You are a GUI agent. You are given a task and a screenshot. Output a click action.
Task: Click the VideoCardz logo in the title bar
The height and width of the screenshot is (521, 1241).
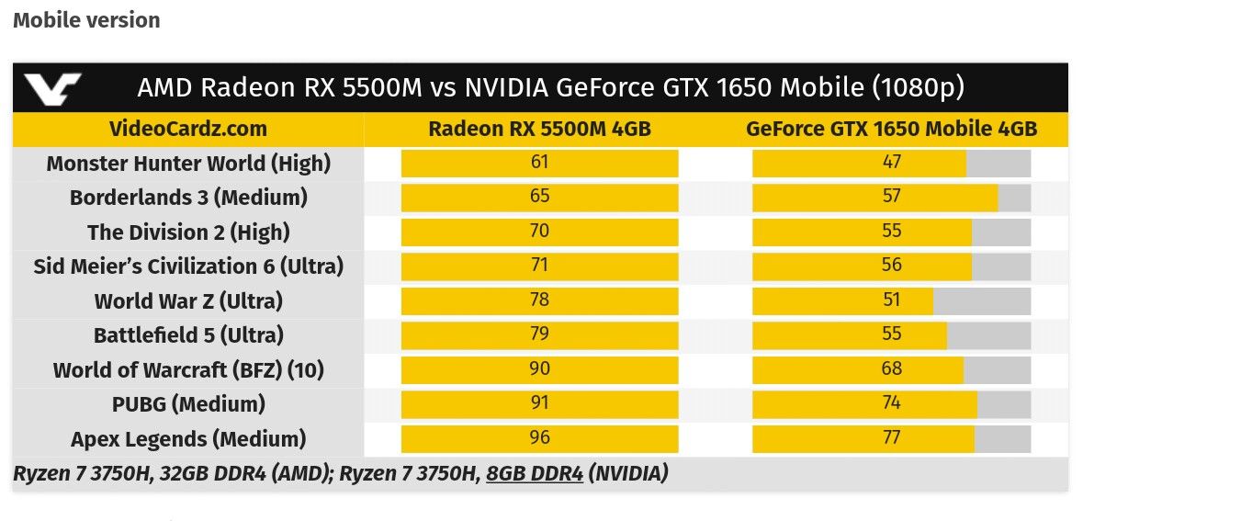tap(52, 88)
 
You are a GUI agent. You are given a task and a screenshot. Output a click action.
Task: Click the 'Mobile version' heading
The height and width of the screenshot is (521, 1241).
tap(86, 20)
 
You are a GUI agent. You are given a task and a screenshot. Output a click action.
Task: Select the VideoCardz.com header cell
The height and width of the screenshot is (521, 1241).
tap(188, 129)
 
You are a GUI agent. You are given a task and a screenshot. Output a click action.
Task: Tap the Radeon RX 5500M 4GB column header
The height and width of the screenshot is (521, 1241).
tap(539, 129)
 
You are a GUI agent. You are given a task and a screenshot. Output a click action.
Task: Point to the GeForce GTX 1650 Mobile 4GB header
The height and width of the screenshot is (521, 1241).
tap(891, 129)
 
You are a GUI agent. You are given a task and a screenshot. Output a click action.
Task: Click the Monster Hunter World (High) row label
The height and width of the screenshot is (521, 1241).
tap(188, 164)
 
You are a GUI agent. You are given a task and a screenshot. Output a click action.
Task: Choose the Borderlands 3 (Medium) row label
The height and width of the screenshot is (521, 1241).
tap(188, 198)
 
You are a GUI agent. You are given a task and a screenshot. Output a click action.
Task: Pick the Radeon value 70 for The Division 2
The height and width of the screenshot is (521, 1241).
tap(539, 232)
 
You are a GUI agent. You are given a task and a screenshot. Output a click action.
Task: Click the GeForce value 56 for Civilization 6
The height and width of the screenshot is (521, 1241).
tap(891, 266)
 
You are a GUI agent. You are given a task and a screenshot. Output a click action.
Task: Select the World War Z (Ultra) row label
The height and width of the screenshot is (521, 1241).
tap(188, 300)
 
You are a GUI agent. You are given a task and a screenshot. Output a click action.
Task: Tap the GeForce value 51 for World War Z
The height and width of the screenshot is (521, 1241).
tap(891, 300)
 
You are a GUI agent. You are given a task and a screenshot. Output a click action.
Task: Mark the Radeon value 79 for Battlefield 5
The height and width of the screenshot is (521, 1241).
tap(539, 334)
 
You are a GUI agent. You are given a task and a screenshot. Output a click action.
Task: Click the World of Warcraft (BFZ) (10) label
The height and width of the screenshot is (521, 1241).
tap(188, 369)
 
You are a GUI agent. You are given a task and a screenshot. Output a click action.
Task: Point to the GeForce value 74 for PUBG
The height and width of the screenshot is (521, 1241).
tap(891, 403)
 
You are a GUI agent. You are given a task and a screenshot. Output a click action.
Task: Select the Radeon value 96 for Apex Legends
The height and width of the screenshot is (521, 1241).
tap(539, 438)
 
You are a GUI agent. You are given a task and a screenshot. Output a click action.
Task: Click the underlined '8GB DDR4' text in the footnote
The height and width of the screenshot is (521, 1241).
tap(535, 474)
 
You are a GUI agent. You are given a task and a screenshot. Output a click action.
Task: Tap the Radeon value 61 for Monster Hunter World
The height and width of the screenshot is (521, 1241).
tap(539, 163)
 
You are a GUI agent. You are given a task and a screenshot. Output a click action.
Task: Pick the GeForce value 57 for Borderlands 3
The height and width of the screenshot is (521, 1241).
tap(891, 197)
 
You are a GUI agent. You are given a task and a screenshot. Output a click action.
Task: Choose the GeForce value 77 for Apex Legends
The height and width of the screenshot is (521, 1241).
tap(891, 438)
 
